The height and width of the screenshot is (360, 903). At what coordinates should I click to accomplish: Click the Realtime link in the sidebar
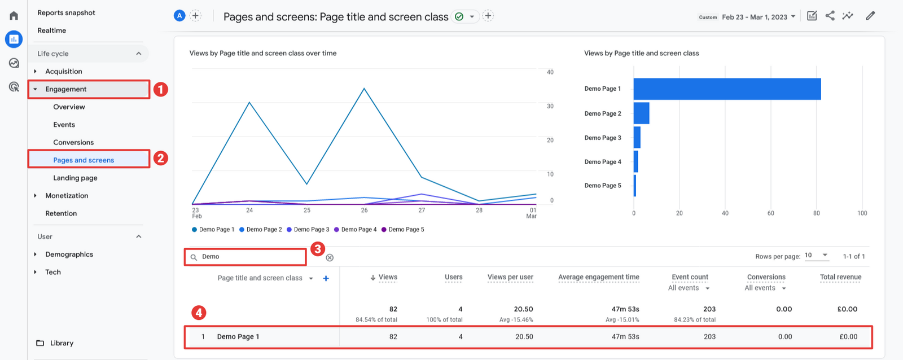[51, 30]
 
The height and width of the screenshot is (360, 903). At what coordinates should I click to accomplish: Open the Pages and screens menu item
[84, 160]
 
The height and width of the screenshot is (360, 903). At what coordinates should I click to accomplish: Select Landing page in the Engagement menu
[75, 178]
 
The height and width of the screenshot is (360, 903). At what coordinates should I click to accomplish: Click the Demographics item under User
[69, 254]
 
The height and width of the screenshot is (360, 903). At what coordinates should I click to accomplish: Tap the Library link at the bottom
[62, 343]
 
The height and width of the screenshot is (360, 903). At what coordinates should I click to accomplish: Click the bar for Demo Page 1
[727, 89]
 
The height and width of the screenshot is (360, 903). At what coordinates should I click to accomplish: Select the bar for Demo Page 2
[641, 113]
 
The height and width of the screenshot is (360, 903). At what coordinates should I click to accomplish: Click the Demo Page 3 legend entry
[308, 230]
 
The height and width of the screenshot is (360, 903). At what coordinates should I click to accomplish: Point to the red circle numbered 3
[318, 249]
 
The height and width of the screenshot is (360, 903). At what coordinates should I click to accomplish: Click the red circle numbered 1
[161, 89]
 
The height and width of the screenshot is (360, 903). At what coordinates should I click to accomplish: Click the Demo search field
[248, 257]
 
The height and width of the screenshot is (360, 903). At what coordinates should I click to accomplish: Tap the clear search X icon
[330, 258]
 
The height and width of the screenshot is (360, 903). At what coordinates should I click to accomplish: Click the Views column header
[388, 277]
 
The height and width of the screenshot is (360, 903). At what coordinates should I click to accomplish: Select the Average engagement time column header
[598, 277]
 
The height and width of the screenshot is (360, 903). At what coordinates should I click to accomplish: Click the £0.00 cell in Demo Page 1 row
[848, 337]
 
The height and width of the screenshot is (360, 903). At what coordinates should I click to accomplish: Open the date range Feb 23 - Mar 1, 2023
[755, 17]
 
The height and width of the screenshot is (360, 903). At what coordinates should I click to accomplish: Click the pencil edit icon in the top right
[870, 16]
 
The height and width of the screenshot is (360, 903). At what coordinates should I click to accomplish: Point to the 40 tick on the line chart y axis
[550, 72]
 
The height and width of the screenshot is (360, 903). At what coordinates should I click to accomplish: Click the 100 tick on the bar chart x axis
[862, 213]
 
